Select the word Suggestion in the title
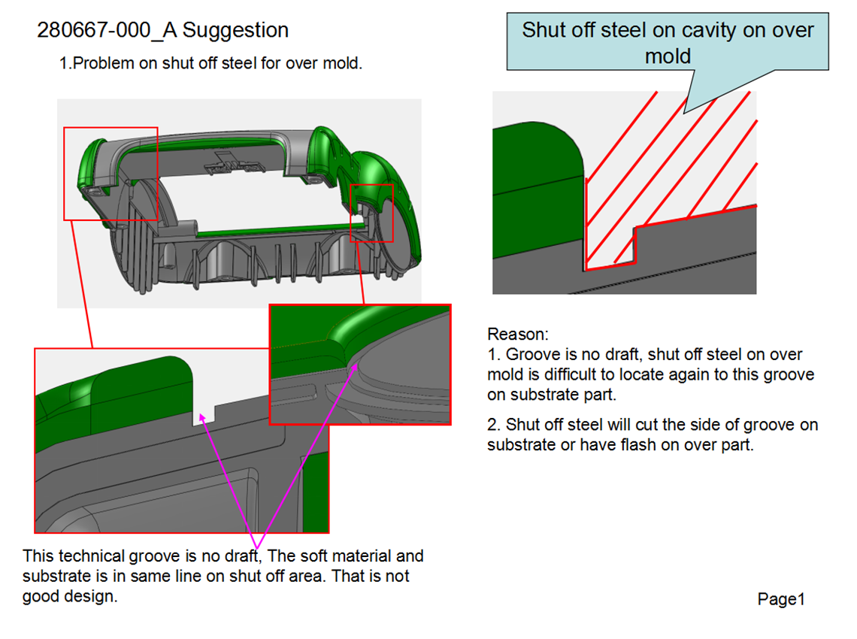(236, 31)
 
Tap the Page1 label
(781, 599)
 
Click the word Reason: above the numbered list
(518, 334)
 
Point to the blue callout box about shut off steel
(668, 42)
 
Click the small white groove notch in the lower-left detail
(204, 416)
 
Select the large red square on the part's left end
(111, 173)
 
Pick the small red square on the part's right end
(372, 213)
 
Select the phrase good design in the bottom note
(70, 597)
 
